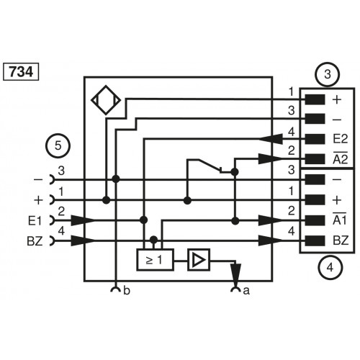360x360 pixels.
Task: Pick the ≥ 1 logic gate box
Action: tap(154, 257)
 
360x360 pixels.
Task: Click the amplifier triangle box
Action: tap(197, 257)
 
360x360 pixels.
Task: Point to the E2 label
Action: tap(340, 138)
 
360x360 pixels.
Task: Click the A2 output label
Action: tap(340, 158)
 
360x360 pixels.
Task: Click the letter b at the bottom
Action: tap(127, 291)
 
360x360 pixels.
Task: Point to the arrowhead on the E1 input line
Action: tap(78, 220)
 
